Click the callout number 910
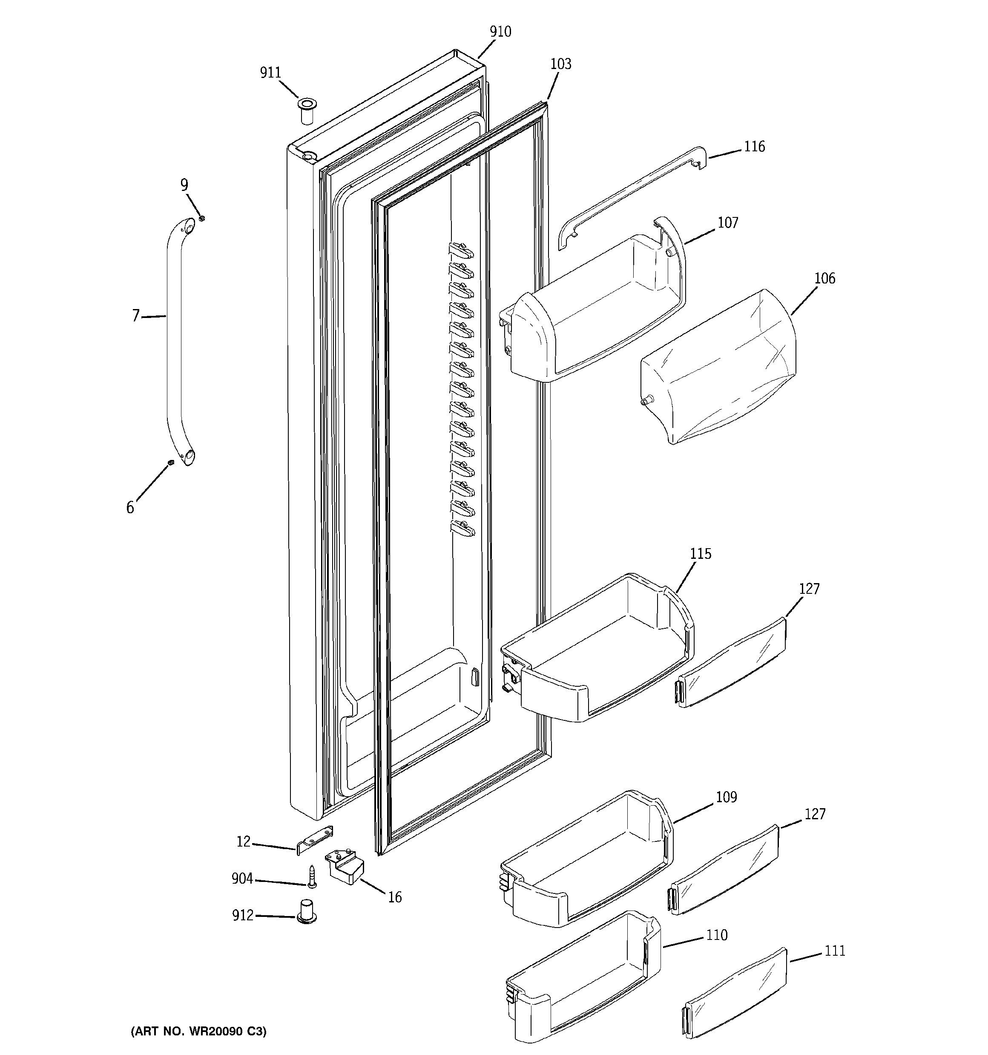point(500,32)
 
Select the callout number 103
point(560,64)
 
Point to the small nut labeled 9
point(201,218)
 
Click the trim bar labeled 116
point(631,197)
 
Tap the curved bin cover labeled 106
point(721,366)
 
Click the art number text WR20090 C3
point(198,1031)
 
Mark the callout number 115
point(700,554)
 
